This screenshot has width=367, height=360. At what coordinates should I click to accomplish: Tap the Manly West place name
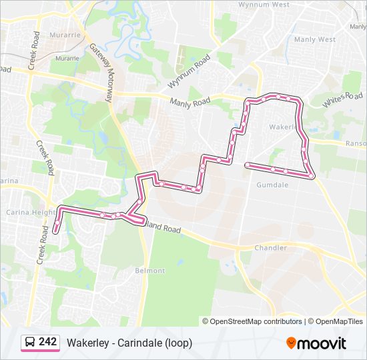[314, 39]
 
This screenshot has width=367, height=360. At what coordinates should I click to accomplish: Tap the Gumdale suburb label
[272, 185]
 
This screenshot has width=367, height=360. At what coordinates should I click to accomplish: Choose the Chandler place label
[270, 248]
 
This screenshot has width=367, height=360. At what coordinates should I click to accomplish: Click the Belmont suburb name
[149, 271]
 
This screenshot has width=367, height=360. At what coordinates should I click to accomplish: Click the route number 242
[47, 342]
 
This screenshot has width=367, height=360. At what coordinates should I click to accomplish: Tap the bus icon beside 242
[30, 343]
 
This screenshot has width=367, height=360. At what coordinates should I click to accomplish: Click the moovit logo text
[323, 343]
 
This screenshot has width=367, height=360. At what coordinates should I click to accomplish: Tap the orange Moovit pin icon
[292, 343]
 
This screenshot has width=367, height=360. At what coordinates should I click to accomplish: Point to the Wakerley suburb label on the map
[282, 125]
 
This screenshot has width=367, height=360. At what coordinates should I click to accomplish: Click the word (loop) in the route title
[179, 343]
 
